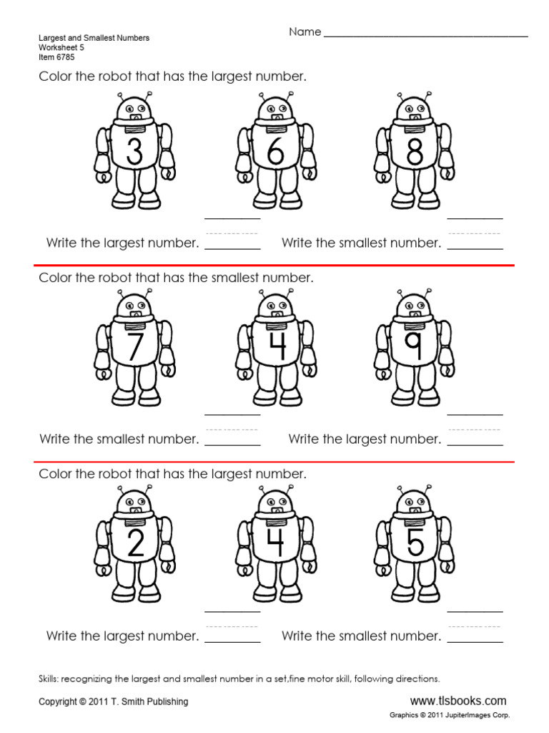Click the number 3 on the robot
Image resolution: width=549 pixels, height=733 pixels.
[x=134, y=152]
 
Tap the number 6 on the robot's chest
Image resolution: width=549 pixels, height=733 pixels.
[x=276, y=152]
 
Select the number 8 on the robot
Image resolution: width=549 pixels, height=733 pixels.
[x=415, y=152]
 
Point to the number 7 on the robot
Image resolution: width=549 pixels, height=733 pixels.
[x=134, y=346]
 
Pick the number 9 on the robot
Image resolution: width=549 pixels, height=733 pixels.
[x=414, y=346]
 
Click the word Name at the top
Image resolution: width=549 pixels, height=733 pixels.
[x=305, y=32]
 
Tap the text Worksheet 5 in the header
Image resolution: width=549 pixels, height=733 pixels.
[x=61, y=48]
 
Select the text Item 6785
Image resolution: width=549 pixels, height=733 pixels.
[x=56, y=57]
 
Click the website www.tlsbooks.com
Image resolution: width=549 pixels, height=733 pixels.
[x=458, y=701]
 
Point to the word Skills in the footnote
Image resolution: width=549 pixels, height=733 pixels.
[x=52, y=679]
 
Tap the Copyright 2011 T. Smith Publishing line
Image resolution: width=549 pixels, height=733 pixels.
[x=114, y=702]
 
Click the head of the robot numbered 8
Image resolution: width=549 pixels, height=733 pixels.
[x=415, y=110]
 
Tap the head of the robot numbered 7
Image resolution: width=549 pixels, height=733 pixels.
[x=134, y=305]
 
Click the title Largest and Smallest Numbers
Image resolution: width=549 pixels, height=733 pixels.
[x=94, y=38]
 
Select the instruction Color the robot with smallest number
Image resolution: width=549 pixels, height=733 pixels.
[x=176, y=278]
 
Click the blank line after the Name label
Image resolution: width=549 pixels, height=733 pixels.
[x=426, y=34]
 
